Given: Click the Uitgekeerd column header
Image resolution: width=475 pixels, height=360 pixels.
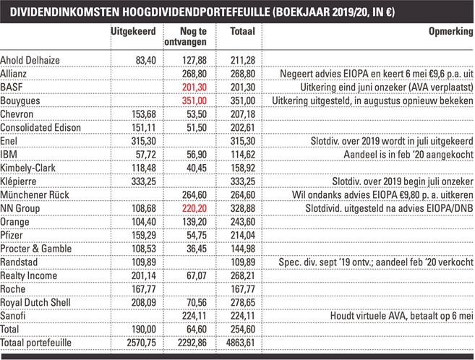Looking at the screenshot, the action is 133,32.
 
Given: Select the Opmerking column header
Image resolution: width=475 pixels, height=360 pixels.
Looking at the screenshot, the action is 450,32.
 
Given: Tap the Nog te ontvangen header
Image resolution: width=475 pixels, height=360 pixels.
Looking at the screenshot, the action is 185,36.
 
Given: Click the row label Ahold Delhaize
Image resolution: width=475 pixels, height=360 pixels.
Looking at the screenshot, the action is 30,60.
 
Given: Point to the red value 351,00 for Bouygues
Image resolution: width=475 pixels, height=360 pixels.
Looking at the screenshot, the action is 194,100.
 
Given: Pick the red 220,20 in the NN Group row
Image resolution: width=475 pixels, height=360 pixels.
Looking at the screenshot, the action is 194,208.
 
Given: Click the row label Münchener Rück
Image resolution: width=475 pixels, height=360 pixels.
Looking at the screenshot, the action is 35,194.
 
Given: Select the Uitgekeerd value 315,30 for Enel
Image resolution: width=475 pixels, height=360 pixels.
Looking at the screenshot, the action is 144,141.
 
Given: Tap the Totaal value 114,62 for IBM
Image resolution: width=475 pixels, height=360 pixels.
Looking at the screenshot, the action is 243,155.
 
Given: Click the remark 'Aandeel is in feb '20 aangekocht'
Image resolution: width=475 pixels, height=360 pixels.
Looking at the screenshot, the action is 408,155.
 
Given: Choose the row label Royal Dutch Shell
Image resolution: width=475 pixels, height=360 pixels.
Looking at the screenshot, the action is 35,302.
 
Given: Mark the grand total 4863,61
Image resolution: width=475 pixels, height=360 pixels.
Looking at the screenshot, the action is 241,343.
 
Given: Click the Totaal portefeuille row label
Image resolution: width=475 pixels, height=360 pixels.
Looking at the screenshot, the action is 35,343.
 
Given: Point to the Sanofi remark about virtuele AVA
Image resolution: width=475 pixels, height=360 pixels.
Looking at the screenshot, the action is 402,316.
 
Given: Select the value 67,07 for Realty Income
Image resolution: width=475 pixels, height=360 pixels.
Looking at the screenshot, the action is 197,275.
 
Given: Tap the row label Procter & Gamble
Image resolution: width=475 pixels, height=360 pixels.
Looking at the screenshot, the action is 36,249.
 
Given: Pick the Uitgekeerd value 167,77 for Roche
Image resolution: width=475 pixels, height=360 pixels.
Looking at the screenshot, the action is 144,289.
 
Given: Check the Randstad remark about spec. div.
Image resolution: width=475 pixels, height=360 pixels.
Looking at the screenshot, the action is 376,262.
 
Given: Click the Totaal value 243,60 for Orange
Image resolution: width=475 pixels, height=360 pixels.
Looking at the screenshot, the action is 243,222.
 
